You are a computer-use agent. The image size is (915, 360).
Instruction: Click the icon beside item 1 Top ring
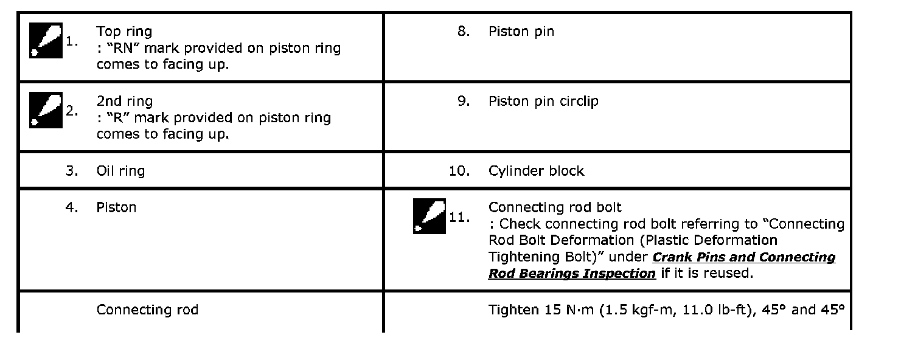pos(46,41)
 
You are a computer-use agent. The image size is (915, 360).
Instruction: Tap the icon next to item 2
pos(46,111)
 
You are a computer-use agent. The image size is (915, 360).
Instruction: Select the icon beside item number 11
pos(430,216)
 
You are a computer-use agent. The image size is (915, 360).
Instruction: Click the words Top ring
pos(124,31)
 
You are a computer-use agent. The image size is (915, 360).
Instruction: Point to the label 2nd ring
pos(125,101)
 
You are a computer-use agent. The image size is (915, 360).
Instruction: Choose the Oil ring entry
pos(120,171)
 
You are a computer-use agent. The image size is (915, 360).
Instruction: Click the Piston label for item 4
pos(116,207)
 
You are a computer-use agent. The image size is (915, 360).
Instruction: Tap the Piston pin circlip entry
pos(543,101)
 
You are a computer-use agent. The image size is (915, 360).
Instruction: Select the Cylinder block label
pos(536,171)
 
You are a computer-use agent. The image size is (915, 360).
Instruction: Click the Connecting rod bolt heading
pos(555,207)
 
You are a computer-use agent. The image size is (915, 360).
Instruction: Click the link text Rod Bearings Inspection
pos(572,274)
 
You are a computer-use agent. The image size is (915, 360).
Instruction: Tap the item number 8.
pos(464,31)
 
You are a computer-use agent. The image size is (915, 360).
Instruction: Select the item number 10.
pos(459,171)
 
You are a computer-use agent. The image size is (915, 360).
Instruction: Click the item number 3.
pos(72,171)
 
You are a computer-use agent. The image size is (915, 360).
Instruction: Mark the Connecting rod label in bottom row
pos(147,310)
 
